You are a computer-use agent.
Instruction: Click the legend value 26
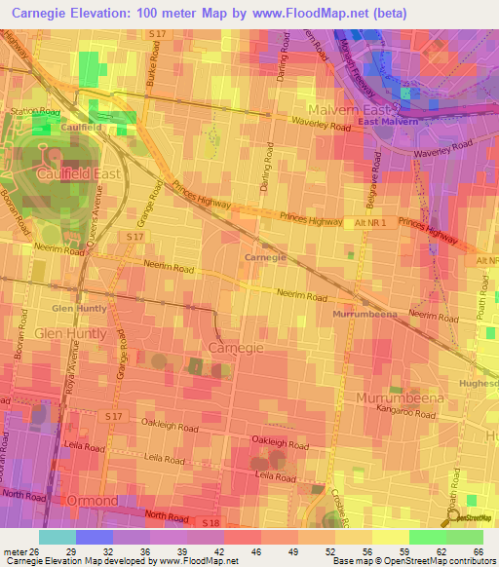[38, 550]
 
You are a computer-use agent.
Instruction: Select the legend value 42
[205, 550]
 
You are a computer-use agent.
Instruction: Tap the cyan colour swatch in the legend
[58, 537]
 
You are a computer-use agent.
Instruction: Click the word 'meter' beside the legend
[15, 550]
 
